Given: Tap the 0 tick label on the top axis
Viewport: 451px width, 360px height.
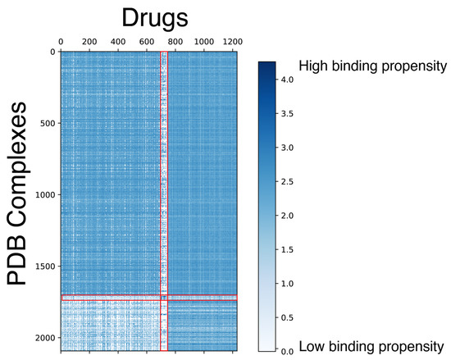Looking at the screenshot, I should pyautogui.click(x=61, y=40).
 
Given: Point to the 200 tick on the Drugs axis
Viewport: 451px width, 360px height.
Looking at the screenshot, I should pyautogui.click(x=89, y=40).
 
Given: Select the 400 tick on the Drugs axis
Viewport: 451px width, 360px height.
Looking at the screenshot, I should pyautogui.click(x=118, y=40).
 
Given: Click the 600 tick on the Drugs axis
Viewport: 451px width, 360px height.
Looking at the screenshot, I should pyautogui.click(x=147, y=40).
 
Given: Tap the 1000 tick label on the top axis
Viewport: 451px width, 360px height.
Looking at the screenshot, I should pyautogui.click(x=204, y=40).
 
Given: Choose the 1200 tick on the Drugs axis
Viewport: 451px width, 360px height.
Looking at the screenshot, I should pyautogui.click(x=233, y=40).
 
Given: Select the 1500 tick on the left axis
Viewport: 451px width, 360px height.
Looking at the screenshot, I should pyautogui.click(x=43, y=267).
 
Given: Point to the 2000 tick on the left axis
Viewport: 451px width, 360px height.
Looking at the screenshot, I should pyautogui.click(x=43, y=338).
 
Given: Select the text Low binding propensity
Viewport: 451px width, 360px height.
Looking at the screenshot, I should pyautogui.click(x=374, y=344).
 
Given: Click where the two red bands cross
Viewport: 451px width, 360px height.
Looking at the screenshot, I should pyautogui.click(x=164, y=298).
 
